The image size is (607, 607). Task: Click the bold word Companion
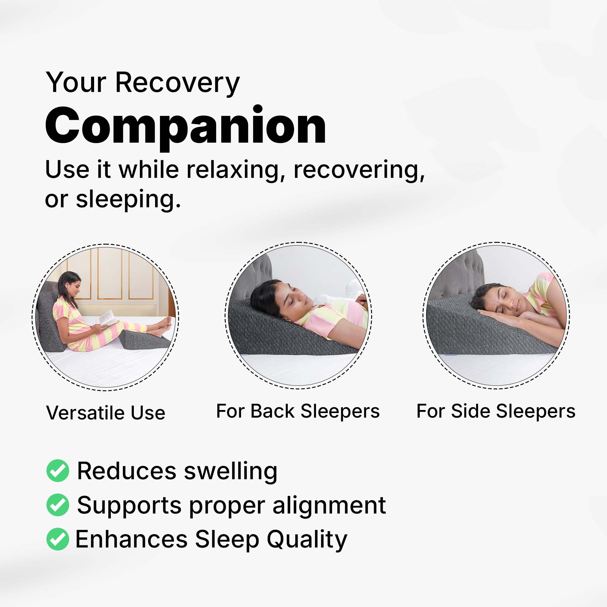click(x=185, y=126)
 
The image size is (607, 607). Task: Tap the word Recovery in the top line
click(x=178, y=83)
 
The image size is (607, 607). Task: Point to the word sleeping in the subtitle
click(x=128, y=200)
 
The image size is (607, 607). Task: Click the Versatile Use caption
click(x=106, y=412)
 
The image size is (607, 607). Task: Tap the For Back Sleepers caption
click(x=298, y=411)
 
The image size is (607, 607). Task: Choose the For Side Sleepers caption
click(x=496, y=411)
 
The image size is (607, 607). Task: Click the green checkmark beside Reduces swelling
click(x=57, y=470)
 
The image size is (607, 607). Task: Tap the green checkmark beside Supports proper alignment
click(x=57, y=505)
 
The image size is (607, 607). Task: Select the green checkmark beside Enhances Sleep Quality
click(x=57, y=539)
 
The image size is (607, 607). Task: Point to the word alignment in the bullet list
click(x=329, y=506)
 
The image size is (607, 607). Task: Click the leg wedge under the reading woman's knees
click(x=144, y=339)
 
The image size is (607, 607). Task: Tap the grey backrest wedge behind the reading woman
click(x=49, y=320)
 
